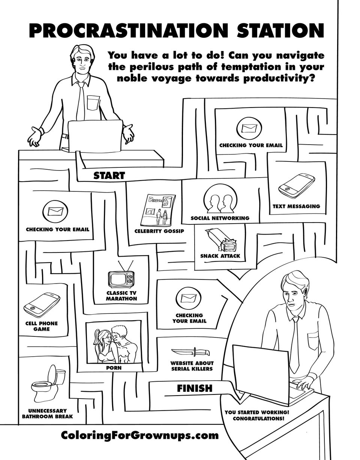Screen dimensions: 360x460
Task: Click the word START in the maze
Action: click(109, 175)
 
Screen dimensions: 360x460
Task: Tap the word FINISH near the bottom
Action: click(195, 388)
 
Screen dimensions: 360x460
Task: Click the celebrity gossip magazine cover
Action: click(158, 211)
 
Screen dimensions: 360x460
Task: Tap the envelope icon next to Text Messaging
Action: click(249, 128)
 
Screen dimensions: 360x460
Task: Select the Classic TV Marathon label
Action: click(121, 296)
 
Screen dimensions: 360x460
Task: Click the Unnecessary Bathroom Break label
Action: click(48, 414)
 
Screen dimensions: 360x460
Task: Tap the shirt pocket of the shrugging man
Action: click(93, 103)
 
